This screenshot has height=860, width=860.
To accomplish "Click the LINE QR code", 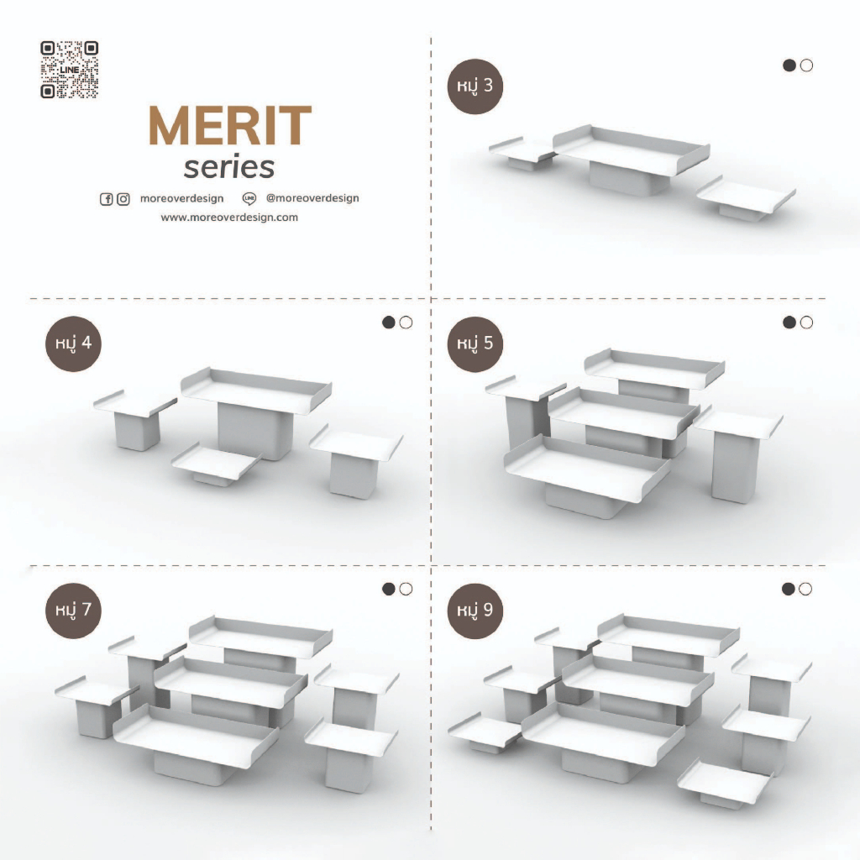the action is pyautogui.click(x=69, y=70).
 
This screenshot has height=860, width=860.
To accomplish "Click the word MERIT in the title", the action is pyautogui.click(x=230, y=126).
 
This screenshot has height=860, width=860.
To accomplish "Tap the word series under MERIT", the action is pyautogui.click(x=228, y=168).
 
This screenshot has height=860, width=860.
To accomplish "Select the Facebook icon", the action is pyautogui.click(x=107, y=199).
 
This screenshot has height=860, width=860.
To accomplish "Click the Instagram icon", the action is pyautogui.click(x=123, y=199).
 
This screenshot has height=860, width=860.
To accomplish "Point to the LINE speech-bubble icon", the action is pyautogui.click(x=249, y=198).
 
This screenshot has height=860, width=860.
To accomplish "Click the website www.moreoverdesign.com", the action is pyautogui.click(x=229, y=218).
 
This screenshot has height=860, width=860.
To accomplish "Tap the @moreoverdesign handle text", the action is pyautogui.click(x=312, y=198).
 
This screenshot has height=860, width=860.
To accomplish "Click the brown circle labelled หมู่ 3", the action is pyautogui.click(x=475, y=87).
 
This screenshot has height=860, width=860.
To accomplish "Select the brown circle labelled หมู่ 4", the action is pyautogui.click(x=74, y=343).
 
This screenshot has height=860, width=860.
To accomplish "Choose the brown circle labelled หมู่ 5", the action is pyautogui.click(x=475, y=343).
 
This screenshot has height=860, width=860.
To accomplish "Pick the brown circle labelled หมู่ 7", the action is pyautogui.click(x=74, y=611).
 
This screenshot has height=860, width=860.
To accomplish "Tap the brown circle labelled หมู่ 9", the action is pyautogui.click(x=475, y=611).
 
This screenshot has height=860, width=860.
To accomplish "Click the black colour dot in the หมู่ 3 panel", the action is pyautogui.click(x=789, y=66).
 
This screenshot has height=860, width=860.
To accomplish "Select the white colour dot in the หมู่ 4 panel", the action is pyautogui.click(x=406, y=322).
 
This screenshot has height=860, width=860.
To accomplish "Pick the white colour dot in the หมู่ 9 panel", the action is pyautogui.click(x=805, y=589).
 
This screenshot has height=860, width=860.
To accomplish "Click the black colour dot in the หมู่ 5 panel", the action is pyautogui.click(x=789, y=322).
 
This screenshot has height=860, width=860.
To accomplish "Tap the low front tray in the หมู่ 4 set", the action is pyautogui.click(x=216, y=460).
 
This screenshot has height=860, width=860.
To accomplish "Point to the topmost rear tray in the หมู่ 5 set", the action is pyautogui.click(x=654, y=367).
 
